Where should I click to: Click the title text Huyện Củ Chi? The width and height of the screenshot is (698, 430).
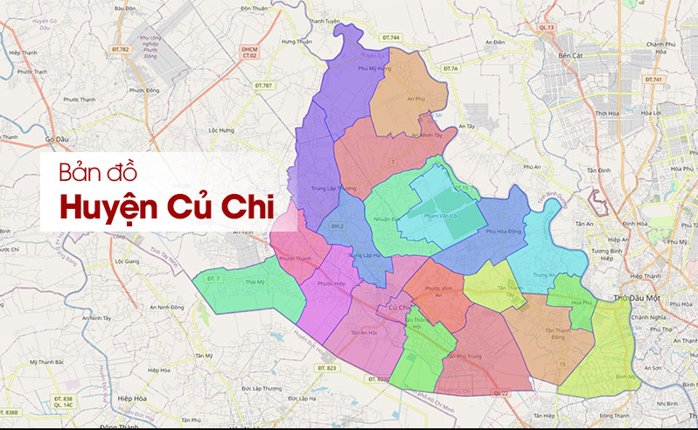[165, 208]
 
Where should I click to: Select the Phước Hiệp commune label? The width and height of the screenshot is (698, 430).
[332, 283]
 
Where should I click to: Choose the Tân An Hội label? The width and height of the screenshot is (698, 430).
[362, 333]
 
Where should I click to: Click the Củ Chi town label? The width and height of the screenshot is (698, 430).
[399, 307]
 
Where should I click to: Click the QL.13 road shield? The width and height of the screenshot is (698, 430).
[548, 28]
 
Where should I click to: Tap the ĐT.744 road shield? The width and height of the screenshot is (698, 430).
[391, 38]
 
